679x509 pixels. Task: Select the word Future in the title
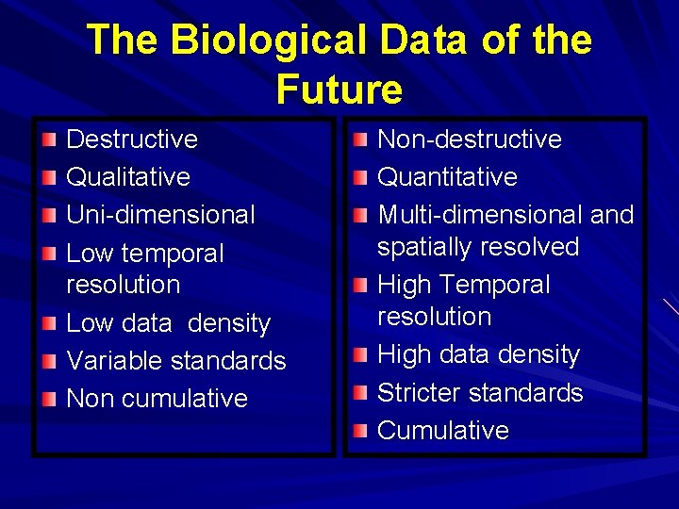pos(339,90)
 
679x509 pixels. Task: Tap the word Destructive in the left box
pos(132,140)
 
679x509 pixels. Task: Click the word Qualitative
pos(128,177)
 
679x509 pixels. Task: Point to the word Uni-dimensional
pos(160,215)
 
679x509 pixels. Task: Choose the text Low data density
pos(168,323)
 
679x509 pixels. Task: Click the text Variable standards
pos(175,361)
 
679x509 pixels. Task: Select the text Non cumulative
pos(157,399)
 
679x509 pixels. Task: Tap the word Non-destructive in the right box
pos(470,140)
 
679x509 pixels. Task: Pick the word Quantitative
pos(447,177)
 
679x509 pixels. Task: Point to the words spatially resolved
pos(478,247)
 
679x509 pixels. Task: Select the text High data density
pos(478,355)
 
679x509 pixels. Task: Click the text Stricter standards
pos(480,393)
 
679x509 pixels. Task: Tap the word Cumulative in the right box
pos(443,431)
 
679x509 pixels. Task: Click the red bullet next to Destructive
pos(49,140)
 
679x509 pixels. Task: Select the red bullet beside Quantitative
pos(360,178)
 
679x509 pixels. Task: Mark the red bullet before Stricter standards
pos(360,393)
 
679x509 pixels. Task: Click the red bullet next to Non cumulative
pos(49,399)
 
